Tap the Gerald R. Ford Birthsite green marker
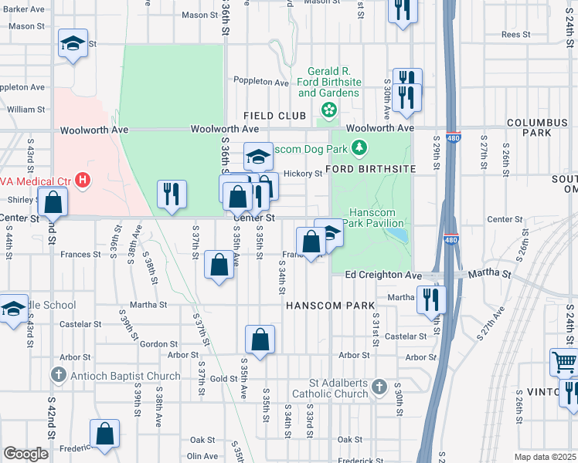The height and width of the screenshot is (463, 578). pyautogui.click(x=329, y=110)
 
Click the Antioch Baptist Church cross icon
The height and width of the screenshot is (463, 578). pyautogui.click(x=58, y=376)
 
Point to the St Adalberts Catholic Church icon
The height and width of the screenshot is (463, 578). pyautogui.click(x=379, y=386)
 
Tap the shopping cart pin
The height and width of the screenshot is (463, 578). pyautogui.click(x=564, y=362)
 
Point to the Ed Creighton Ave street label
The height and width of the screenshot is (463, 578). pyautogui.click(x=383, y=275)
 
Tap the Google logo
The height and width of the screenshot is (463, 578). pyautogui.click(x=25, y=454)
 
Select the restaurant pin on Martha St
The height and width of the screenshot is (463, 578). pyautogui.click(x=431, y=299)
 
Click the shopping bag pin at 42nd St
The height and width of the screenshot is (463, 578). pyautogui.click(x=53, y=202)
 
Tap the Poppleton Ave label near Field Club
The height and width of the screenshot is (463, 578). pyautogui.click(x=262, y=82)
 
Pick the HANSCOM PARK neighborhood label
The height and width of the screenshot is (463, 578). pyautogui.click(x=330, y=306)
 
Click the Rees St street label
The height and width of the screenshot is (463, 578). pyautogui.click(x=515, y=35)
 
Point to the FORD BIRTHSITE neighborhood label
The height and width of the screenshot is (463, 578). pyautogui.click(x=371, y=168)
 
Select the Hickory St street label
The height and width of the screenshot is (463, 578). pyautogui.click(x=302, y=174)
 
